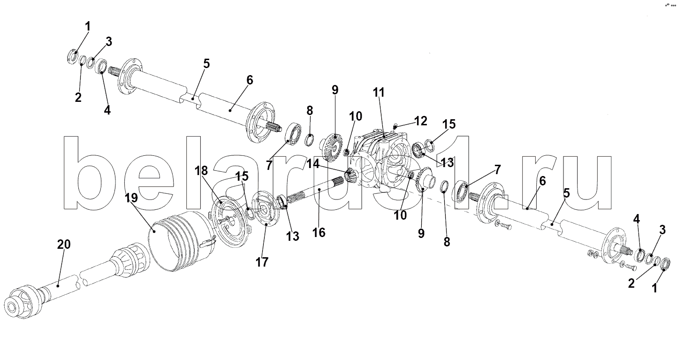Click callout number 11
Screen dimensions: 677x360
click(379, 92)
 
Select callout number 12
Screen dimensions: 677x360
click(421, 121)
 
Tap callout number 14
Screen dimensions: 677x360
click(313, 164)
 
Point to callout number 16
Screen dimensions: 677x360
click(319, 232)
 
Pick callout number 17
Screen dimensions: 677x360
click(262, 262)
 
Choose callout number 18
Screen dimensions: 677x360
click(201, 171)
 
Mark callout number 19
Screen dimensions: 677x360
click(131, 198)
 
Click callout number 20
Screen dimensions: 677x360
click(64, 244)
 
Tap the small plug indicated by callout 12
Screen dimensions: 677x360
click(395, 125)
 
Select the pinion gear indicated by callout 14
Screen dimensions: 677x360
click(351, 176)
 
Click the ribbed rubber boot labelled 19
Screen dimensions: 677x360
click(182, 242)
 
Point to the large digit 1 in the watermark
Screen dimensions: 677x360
click(453, 172)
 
